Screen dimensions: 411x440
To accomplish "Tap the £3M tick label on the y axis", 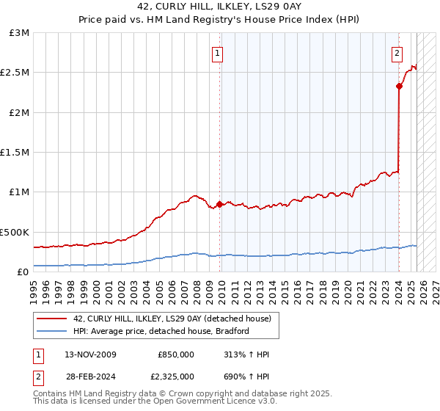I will (x=19, y=33).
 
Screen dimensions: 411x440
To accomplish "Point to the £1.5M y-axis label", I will (x=15, y=153).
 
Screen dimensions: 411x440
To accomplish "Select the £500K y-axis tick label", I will (x=15, y=232).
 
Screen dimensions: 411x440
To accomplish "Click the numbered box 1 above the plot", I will (x=219, y=53).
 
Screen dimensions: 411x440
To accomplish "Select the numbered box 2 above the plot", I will (x=397, y=53).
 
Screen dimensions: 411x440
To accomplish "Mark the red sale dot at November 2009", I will (x=219, y=204).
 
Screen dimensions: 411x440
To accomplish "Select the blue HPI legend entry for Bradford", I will (x=161, y=331).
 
